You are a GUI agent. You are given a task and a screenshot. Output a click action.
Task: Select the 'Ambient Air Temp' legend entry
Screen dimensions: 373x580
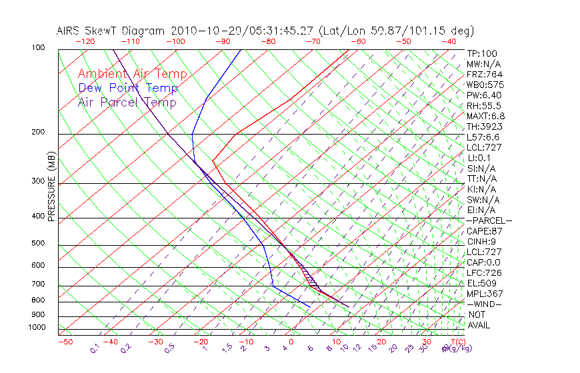coord(132,74)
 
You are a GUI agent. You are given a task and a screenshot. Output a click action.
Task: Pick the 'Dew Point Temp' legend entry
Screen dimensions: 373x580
coord(128,88)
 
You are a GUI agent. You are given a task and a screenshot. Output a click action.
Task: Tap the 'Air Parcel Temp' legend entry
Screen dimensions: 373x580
coord(127,102)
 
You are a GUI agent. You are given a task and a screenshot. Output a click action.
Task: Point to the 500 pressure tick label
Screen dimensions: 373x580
coord(38,243)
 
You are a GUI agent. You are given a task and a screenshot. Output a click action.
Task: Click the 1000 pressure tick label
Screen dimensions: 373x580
coord(36,327)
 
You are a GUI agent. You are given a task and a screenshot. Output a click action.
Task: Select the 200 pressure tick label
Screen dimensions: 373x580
coord(38,132)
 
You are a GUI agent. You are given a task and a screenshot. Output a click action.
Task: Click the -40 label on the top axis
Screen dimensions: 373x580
coord(449,41)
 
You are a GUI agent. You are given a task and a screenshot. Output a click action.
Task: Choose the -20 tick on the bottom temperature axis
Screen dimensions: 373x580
coord(201,342)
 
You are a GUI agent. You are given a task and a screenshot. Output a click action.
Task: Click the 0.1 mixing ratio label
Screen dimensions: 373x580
coord(95,348)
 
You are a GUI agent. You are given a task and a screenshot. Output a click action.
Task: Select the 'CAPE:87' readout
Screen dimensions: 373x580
coord(485,231)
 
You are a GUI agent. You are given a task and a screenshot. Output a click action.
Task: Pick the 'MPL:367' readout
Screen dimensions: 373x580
coord(485,294)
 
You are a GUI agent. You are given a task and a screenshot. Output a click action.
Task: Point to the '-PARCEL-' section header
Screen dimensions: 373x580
coord(489,220)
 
